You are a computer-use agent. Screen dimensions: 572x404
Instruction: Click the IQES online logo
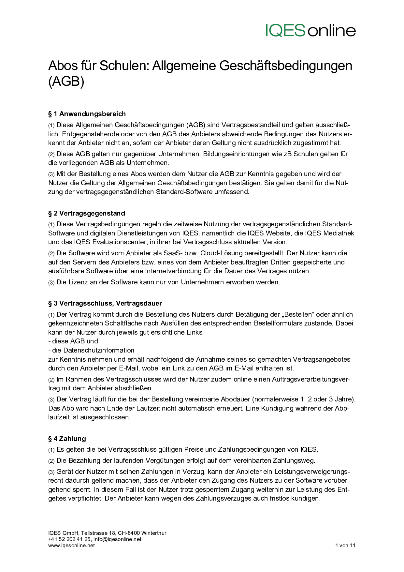pyautogui.click(x=310, y=31)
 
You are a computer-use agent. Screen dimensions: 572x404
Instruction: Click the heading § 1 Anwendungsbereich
pyautogui.click(x=87, y=114)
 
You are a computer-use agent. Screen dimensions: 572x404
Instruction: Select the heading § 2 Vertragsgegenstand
pyautogui.click(x=86, y=213)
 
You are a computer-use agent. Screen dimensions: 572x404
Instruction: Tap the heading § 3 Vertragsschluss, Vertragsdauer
pyautogui.click(x=105, y=303)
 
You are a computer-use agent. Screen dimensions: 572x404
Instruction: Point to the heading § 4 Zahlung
pyautogui.click(x=67, y=439)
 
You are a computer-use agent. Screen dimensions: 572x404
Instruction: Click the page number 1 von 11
pyautogui.click(x=345, y=545)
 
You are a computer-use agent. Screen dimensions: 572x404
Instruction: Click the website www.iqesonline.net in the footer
pyautogui.click(x=71, y=545)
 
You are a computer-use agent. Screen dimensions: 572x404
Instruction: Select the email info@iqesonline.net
pyautogui.click(x=117, y=539)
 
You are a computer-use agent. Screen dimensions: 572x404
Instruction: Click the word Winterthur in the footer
pyautogui.click(x=154, y=533)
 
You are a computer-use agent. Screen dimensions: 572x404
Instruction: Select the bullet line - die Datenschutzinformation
pyautogui.click(x=91, y=350)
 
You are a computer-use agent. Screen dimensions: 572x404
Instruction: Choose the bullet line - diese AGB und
pyautogui.click(x=73, y=341)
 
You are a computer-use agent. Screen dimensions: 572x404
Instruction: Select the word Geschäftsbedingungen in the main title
pyautogui.click(x=286, y=66)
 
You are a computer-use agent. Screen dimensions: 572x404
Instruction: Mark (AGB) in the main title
pyautogui.click(x=66, y=81)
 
